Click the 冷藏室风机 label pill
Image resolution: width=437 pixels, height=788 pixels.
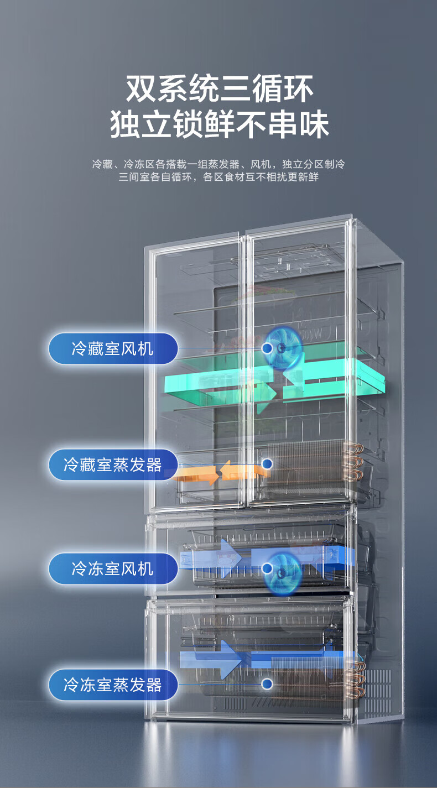pos(113,348)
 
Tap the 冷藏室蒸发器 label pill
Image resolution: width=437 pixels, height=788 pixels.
pos(113,464)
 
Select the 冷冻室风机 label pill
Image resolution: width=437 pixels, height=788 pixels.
pos(113,568)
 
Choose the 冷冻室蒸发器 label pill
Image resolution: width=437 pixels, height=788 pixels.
pos(113,685)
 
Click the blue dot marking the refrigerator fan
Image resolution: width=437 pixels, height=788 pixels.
pos(267,348)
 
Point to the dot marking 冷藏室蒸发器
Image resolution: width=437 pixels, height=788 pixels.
pos(267,463)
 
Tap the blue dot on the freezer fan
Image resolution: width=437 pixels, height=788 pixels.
pos(267,568)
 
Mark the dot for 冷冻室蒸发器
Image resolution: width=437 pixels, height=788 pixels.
pos(267,684)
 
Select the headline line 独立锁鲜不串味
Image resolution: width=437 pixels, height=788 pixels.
pos(219,126)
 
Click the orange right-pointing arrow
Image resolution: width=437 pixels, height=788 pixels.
pos(196,474)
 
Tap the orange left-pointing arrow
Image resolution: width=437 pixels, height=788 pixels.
pos(243,471)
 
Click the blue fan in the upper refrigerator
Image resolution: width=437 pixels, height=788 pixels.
pos(283,346)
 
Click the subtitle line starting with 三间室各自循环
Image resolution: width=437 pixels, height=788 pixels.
pos(219,178)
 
